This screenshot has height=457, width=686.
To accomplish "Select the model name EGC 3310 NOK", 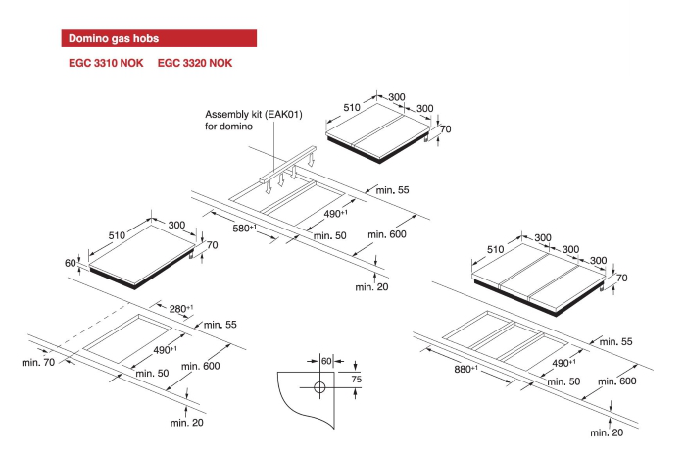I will pos(105,64).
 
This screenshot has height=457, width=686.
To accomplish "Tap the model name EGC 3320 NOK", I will pos(195,64).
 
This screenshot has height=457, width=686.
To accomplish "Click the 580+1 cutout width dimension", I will pos(244,228).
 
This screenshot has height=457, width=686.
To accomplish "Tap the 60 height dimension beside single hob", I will pos(71,263).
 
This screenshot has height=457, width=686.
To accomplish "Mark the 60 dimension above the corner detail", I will pos(326,360).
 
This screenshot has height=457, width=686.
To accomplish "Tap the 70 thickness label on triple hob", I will pos(621,279).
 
